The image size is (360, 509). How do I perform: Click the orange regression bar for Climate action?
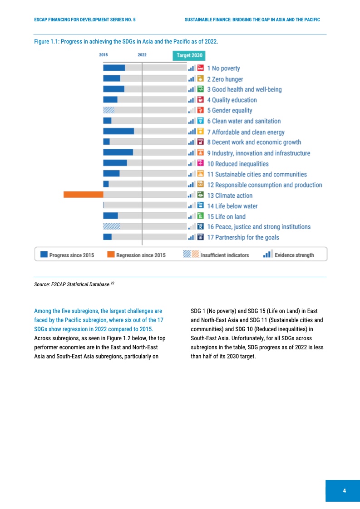coord(83,195)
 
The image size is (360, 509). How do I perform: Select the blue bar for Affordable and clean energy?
coord(118,131)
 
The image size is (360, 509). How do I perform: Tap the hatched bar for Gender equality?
coord(108,110)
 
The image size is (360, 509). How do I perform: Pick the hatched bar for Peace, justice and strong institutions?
coord(112,226)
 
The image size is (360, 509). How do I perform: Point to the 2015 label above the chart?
coord(103,55)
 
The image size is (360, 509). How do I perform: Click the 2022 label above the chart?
coord(142,55)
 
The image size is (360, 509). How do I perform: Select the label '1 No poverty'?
coord(223,69)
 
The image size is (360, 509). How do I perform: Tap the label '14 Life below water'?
coord(232,206)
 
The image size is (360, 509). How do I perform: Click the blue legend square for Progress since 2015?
coord(44,254)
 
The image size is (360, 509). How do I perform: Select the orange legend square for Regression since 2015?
coord(111,254)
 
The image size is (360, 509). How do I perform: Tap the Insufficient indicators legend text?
coord(225,255)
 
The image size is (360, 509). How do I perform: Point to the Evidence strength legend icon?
coord(267,254)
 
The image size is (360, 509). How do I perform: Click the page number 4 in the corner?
coord(344,491)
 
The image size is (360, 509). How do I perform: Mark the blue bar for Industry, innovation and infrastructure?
coord(118,152)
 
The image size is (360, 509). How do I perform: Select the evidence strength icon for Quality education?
coord(192,100)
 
